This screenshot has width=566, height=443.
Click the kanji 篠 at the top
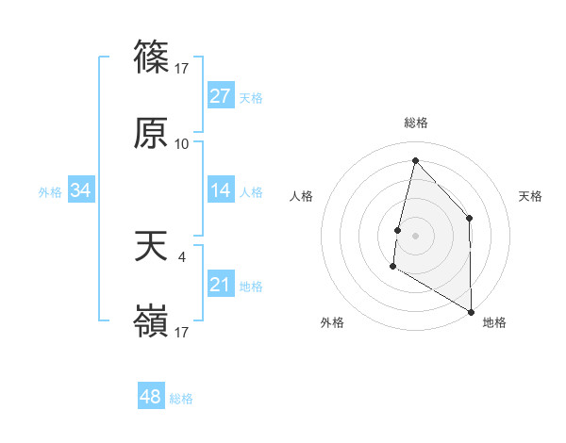(151, 57)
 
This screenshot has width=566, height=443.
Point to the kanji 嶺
(151, 323)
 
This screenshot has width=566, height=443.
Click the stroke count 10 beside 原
(182, 144)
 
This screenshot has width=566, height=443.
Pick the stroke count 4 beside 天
(181, 255)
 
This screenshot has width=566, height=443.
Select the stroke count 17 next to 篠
(182, 68)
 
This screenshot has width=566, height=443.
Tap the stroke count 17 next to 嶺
(182, 333)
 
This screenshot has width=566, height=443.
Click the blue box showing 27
(221, 96)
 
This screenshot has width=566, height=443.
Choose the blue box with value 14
(221, 190)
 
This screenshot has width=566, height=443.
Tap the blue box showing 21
(221, 285)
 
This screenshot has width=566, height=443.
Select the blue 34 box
(81, 190)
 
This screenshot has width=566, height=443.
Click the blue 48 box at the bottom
(151, 397)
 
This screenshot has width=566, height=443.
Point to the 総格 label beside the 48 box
(182, 399)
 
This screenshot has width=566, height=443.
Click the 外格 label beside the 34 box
(50, 192)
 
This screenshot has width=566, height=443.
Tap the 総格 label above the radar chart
(416, 123)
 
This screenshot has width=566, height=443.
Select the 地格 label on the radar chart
(494, 323)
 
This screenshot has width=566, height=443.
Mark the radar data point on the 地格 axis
(471, 311)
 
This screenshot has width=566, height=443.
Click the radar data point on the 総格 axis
(415, 160)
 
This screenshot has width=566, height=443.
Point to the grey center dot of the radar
(415, 236)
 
